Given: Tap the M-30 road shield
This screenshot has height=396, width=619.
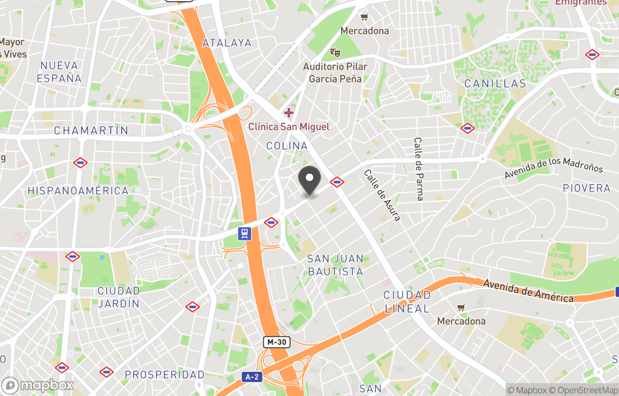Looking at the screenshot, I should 277,342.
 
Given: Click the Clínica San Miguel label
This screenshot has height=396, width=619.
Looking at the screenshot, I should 289,126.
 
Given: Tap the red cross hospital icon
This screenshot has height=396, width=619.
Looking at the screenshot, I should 289,112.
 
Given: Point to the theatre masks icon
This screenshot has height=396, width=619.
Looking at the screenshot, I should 335,53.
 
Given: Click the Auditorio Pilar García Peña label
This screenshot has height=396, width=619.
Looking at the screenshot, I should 335,73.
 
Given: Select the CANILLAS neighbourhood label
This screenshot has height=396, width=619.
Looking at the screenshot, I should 495,84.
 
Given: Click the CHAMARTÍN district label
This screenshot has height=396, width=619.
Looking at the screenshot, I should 91,131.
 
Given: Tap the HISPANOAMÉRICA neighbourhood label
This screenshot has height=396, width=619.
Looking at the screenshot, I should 78,191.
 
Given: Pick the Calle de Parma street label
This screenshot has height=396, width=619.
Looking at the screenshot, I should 420,169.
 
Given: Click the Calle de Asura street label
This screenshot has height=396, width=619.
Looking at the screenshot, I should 382,195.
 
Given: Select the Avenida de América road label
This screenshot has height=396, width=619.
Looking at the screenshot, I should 528,291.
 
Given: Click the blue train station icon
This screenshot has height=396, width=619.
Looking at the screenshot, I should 245,233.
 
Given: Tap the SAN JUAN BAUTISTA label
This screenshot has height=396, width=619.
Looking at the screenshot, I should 336,265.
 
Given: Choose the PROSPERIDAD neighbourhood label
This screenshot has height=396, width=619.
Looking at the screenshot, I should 164,375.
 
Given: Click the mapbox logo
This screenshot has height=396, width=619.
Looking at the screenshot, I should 38,385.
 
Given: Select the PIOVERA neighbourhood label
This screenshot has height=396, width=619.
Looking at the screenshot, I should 586,188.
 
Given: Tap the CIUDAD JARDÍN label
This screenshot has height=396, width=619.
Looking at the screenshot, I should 119,297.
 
